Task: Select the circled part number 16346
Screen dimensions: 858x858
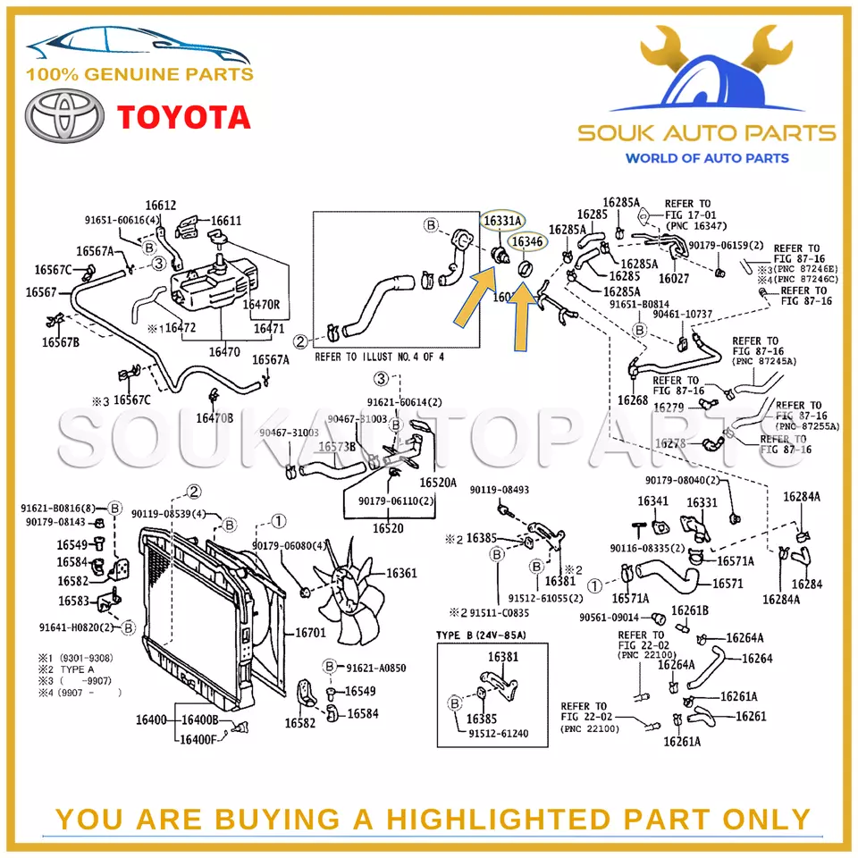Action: pyautogui.click(x=526, y=241)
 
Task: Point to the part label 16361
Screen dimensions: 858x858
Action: pyautogui.click(x=401, y=573)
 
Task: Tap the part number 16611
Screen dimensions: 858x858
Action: pyautogui.click(x=226, y=221)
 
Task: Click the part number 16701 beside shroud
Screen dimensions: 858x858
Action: pyautogui.click(x=310, y=632)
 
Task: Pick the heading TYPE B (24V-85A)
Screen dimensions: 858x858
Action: pyautogui.click(x=481, y=635)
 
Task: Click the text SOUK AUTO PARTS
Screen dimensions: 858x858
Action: pyautogui.click(x=706, y=134)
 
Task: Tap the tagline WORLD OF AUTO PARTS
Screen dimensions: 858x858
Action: pyautogui.click(x=706, y=158)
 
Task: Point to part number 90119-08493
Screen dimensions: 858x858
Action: pyautogui.click(x=500, y=490)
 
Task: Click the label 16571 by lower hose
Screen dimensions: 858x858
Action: pyautogui.click(x=728, y=584)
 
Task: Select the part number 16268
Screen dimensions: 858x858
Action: pyautogui.click(x=633, y=401)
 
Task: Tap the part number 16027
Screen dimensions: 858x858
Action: pyautogui.click(x=674, y=278)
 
